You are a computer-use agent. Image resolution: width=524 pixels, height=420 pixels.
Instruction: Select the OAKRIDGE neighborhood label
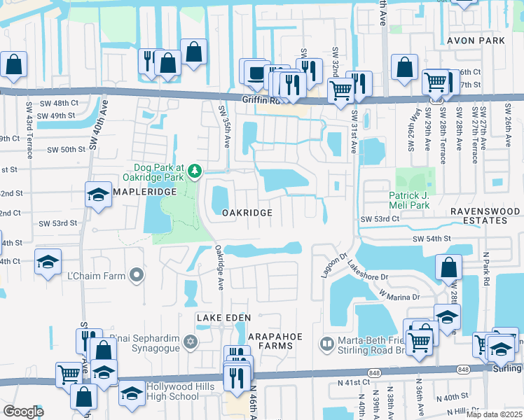[x=246, y=212]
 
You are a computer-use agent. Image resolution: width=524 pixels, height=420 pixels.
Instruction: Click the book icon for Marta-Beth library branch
[x=326, y=343]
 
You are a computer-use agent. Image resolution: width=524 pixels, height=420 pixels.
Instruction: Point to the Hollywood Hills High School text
[x=182, y=391]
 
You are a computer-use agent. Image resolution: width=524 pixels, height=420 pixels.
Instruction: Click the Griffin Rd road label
[x=258, y=100]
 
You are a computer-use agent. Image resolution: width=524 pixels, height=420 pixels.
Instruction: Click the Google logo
[x=23, y=412]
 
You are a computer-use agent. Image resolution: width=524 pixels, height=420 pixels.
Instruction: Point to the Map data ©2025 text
[x=493, y=414]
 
